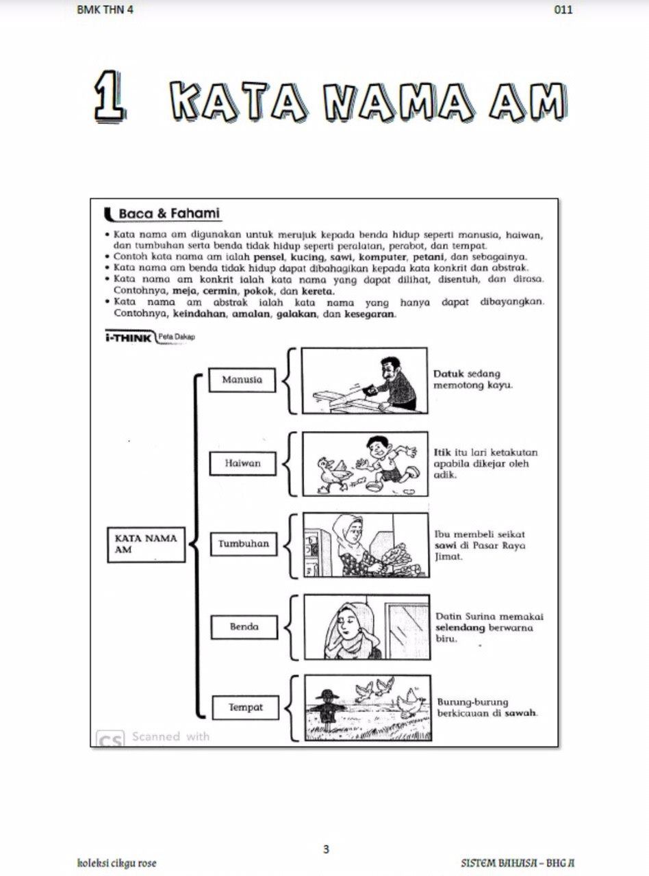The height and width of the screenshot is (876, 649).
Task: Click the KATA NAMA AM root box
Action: pos(146,545)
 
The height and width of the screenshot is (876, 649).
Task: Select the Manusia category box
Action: pos(242,380)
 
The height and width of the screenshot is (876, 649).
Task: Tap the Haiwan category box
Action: pos(242,463)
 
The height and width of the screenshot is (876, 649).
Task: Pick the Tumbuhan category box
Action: pos(244,544)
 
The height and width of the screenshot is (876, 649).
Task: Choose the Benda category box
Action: pos(244,627)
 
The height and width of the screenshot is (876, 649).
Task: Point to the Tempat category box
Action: pos(246,708)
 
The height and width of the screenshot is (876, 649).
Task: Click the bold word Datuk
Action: pos(448,374)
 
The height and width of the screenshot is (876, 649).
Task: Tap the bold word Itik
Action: pos(442,452)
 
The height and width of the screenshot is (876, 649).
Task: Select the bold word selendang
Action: pos(460,628)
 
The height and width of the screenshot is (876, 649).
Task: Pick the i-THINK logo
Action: pos(128,337)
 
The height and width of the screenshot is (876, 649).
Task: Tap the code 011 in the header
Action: pos(563,10)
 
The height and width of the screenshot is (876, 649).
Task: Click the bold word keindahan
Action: pos(199,314)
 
